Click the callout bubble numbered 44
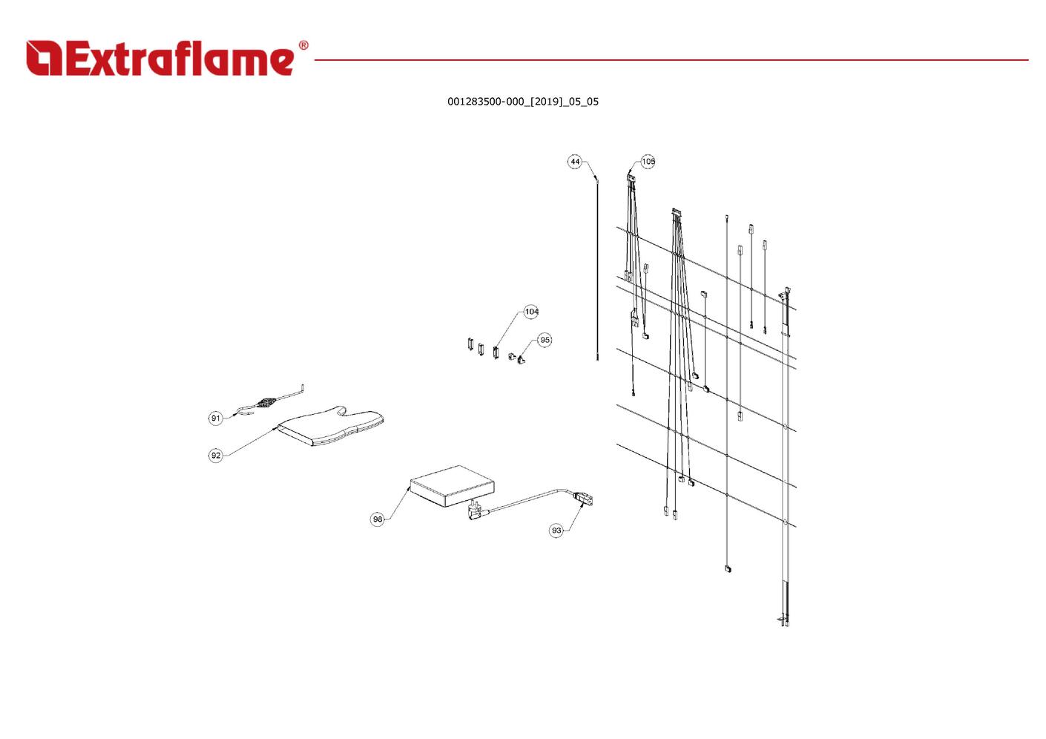pyautogui.click(x=575, y=162)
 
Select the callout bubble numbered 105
pyautogui.click(x=648, y=162)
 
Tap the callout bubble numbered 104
pyautogui.click(x=531, y=312)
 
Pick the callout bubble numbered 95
pyautogui.click(x=545, y=340)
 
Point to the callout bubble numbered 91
pyautogui.click(x=215, y=418)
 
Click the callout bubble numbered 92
pyautogui.click(x=216, y=456)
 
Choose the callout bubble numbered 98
pyautogui.click(x=378, y=519)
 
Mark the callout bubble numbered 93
pyautogui.click(x=556, y=531)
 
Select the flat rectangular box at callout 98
pyautogui.click(x=452, y=486)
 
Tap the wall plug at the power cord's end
pyautogui.click(x=476, y=511)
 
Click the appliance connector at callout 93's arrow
pyautogui.click(x=584, y=499)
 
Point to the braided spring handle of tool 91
pyautogui.click(x=266, y=403)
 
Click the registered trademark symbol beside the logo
pyautogui.click(x=303, y=45)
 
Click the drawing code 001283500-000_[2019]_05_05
pyautogui.click(x=523, y=102)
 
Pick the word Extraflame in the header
pyautogui.click(x=180, y=58)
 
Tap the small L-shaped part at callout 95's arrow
pyautogui.click(x=521, y=360)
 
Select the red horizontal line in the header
pyautogui.click(x=671, y=60)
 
